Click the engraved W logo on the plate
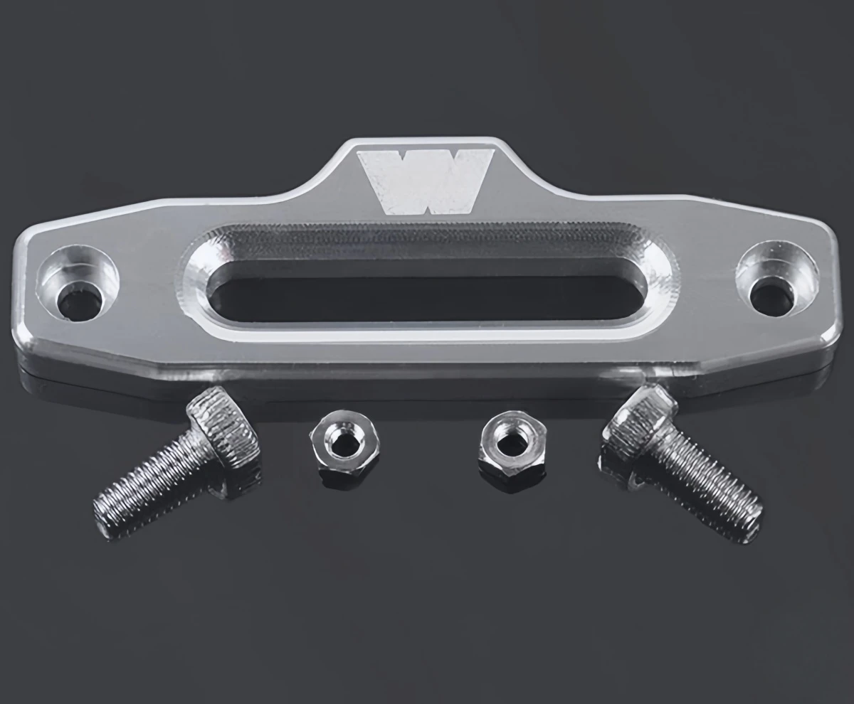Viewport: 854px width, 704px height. click(426, 181)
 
